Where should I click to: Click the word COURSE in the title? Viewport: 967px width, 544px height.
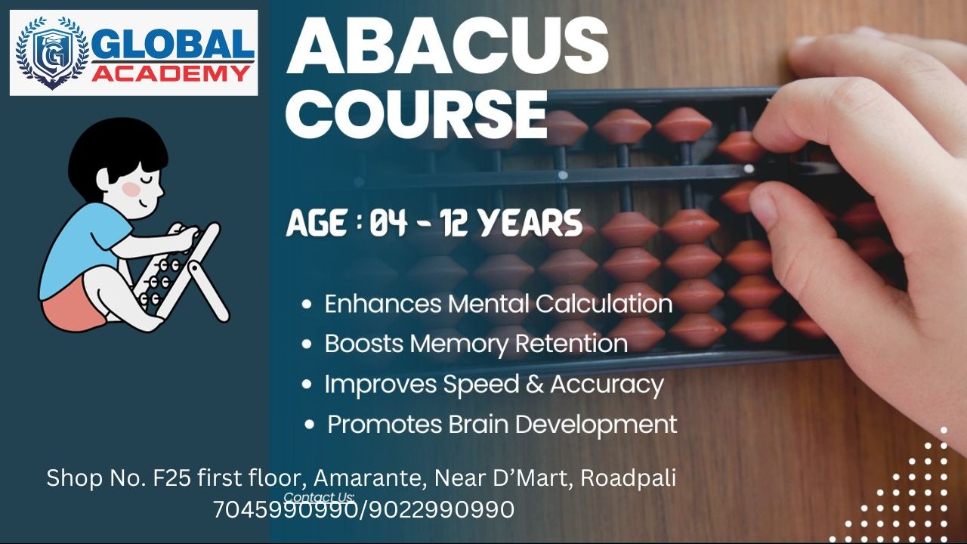coord(416,114)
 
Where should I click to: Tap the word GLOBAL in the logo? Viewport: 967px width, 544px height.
coord(172,46)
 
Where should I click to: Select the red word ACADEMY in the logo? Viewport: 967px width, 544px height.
coord(171,73)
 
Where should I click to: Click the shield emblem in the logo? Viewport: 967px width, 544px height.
coord(52,52)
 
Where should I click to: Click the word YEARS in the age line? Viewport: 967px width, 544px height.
coord(531,223)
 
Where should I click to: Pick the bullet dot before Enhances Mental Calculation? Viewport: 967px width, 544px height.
coord(307,304)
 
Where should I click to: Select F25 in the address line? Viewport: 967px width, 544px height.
coord(171,478)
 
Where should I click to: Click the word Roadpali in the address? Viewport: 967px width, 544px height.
coord(628,478)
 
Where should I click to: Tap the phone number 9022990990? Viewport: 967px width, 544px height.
coord(442,509)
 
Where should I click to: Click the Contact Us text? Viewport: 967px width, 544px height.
coord(319,497)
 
